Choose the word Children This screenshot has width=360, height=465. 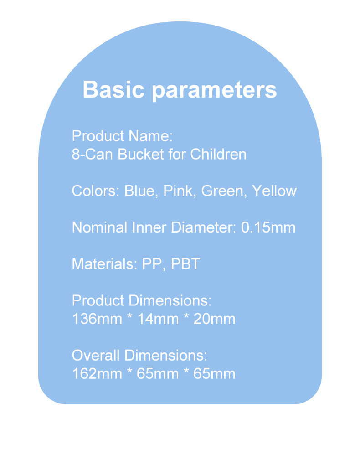tap(218, 154)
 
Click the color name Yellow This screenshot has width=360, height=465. tap(274, 191)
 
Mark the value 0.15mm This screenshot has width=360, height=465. tap(268, 227)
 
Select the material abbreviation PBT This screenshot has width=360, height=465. tap(185, 263)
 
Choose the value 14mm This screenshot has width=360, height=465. tap(158, 319)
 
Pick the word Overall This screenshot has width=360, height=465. tap(96, 355)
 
